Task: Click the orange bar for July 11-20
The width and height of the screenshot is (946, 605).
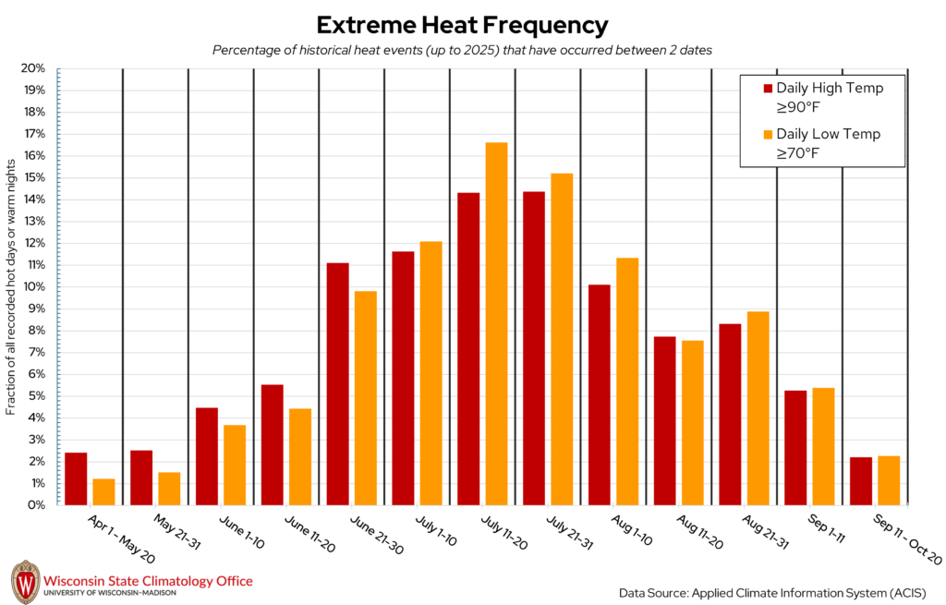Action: (496, 323)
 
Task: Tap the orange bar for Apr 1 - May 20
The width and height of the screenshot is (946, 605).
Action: (103, 491)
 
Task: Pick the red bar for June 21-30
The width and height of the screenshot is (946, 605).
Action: (337, 383)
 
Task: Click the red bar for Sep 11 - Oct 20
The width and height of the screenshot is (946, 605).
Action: (861, 480)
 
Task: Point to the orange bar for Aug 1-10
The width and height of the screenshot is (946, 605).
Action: (627, 381)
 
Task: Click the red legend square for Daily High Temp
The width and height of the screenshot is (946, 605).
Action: (767, 89)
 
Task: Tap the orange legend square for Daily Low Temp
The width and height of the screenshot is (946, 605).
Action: (767, 134)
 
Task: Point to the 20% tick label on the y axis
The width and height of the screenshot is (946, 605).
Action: (33, 68)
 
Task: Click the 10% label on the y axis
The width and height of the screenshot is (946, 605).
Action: (33, 286)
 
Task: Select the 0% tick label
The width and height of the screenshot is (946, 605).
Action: (37, 505)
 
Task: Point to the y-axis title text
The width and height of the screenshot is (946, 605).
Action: (11, 286)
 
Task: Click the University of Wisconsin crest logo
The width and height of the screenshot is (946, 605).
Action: (25, 581)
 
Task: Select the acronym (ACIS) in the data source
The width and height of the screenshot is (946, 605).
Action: (905, 591)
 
